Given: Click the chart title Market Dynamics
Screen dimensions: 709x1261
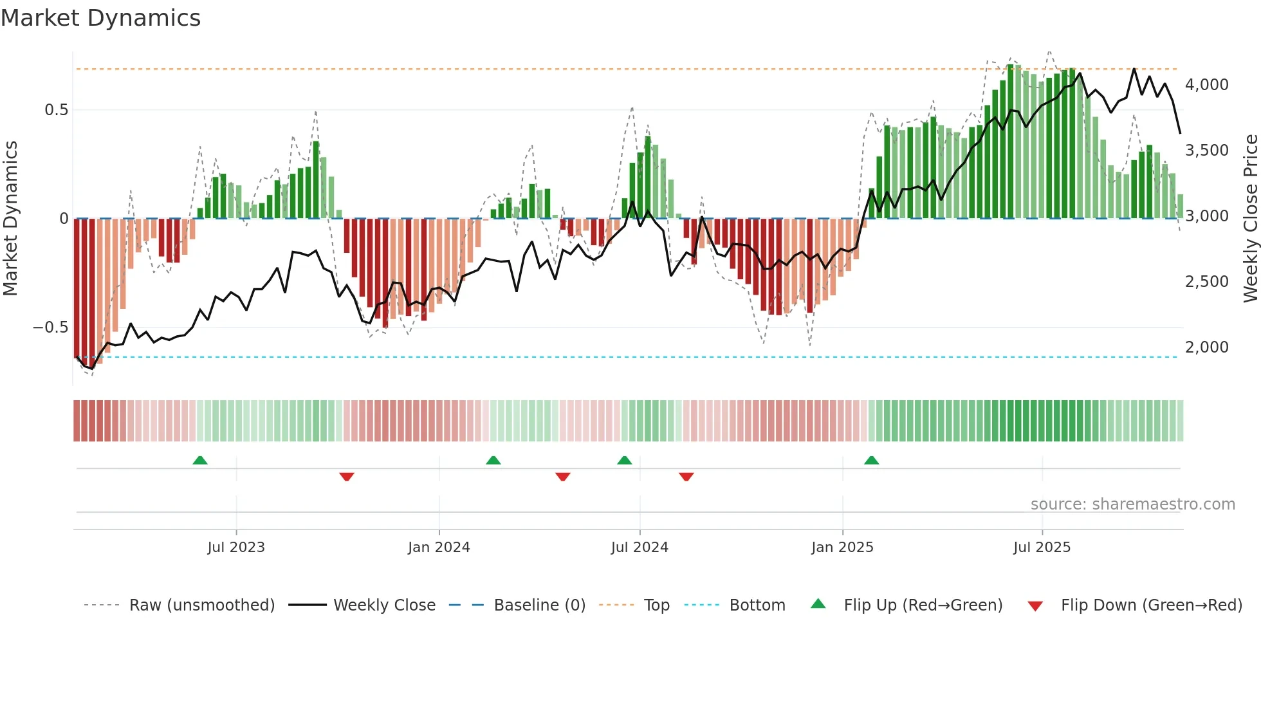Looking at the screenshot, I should click(x=100, y=18).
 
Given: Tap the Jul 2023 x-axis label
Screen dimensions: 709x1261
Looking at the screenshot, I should click(x=236, y=547).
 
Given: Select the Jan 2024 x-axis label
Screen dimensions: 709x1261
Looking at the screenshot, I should click(x=439, y=547).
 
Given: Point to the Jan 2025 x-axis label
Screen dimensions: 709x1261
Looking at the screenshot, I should click(x=842, y=547).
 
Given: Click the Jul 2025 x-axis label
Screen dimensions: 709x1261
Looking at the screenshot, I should click(x=1042, y=547).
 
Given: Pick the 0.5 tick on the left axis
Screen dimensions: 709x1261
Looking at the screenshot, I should click(x=56, y=110).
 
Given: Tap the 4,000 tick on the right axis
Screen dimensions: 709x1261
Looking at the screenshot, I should click(x=1206, y=85).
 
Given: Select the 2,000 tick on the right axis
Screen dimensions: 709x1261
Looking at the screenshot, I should click(x=1206, y=347).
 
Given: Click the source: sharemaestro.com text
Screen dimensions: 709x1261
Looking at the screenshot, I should click(x=1132, y=504).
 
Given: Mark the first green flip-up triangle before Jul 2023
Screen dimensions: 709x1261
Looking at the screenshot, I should click(x=200, y=461).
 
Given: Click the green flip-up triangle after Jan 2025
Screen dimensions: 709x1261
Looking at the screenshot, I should click(x=871, y=461).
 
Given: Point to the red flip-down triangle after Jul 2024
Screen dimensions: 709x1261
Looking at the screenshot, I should click(x=686, y=477).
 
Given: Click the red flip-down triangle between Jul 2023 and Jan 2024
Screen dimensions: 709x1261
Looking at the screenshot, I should click(x=347, y=477).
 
